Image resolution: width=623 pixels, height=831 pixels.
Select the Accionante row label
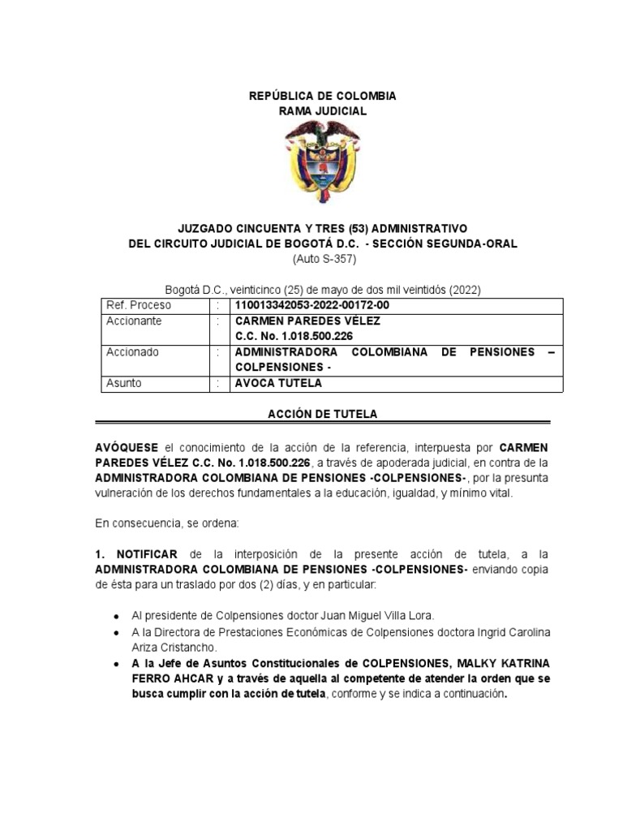pyautogui.click(x=135, y=321)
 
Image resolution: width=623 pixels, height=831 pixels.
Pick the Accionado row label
pyautogui.click(x=133, y=352)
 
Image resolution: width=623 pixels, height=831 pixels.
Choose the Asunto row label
pyautogui.click(x=125, y=383)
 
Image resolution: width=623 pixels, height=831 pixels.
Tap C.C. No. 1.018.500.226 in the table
pyautogui.click(x=294, y=336)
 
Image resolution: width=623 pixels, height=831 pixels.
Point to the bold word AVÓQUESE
pyautogui.click(x=128, y=447)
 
